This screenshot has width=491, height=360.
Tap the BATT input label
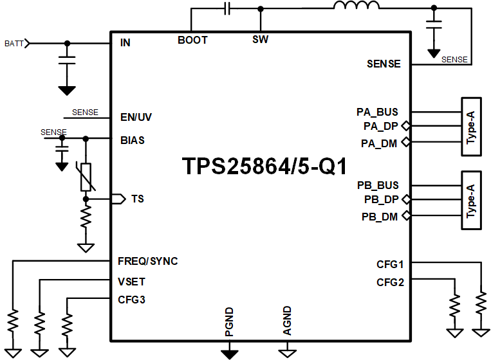point(14,44)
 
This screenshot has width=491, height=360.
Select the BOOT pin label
point(192,40)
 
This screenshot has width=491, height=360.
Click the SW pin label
point(260,40)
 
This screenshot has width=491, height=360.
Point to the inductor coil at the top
point(356,8)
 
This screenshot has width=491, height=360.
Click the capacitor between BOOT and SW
point(227,8)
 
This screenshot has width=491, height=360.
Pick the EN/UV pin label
point(136,118)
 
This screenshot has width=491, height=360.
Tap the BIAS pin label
point(133,139)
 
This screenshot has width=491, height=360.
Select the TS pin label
point(137,199)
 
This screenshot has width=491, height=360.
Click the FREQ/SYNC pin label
point(148,261)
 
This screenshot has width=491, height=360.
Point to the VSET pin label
point(131,281)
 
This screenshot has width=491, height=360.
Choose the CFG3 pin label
point(131,299)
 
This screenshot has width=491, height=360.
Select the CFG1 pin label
point(390,264)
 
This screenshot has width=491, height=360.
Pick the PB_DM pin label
point(380,217)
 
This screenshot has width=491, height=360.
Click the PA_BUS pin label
point(378,112)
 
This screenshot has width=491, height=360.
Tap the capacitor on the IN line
point(66,60)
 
